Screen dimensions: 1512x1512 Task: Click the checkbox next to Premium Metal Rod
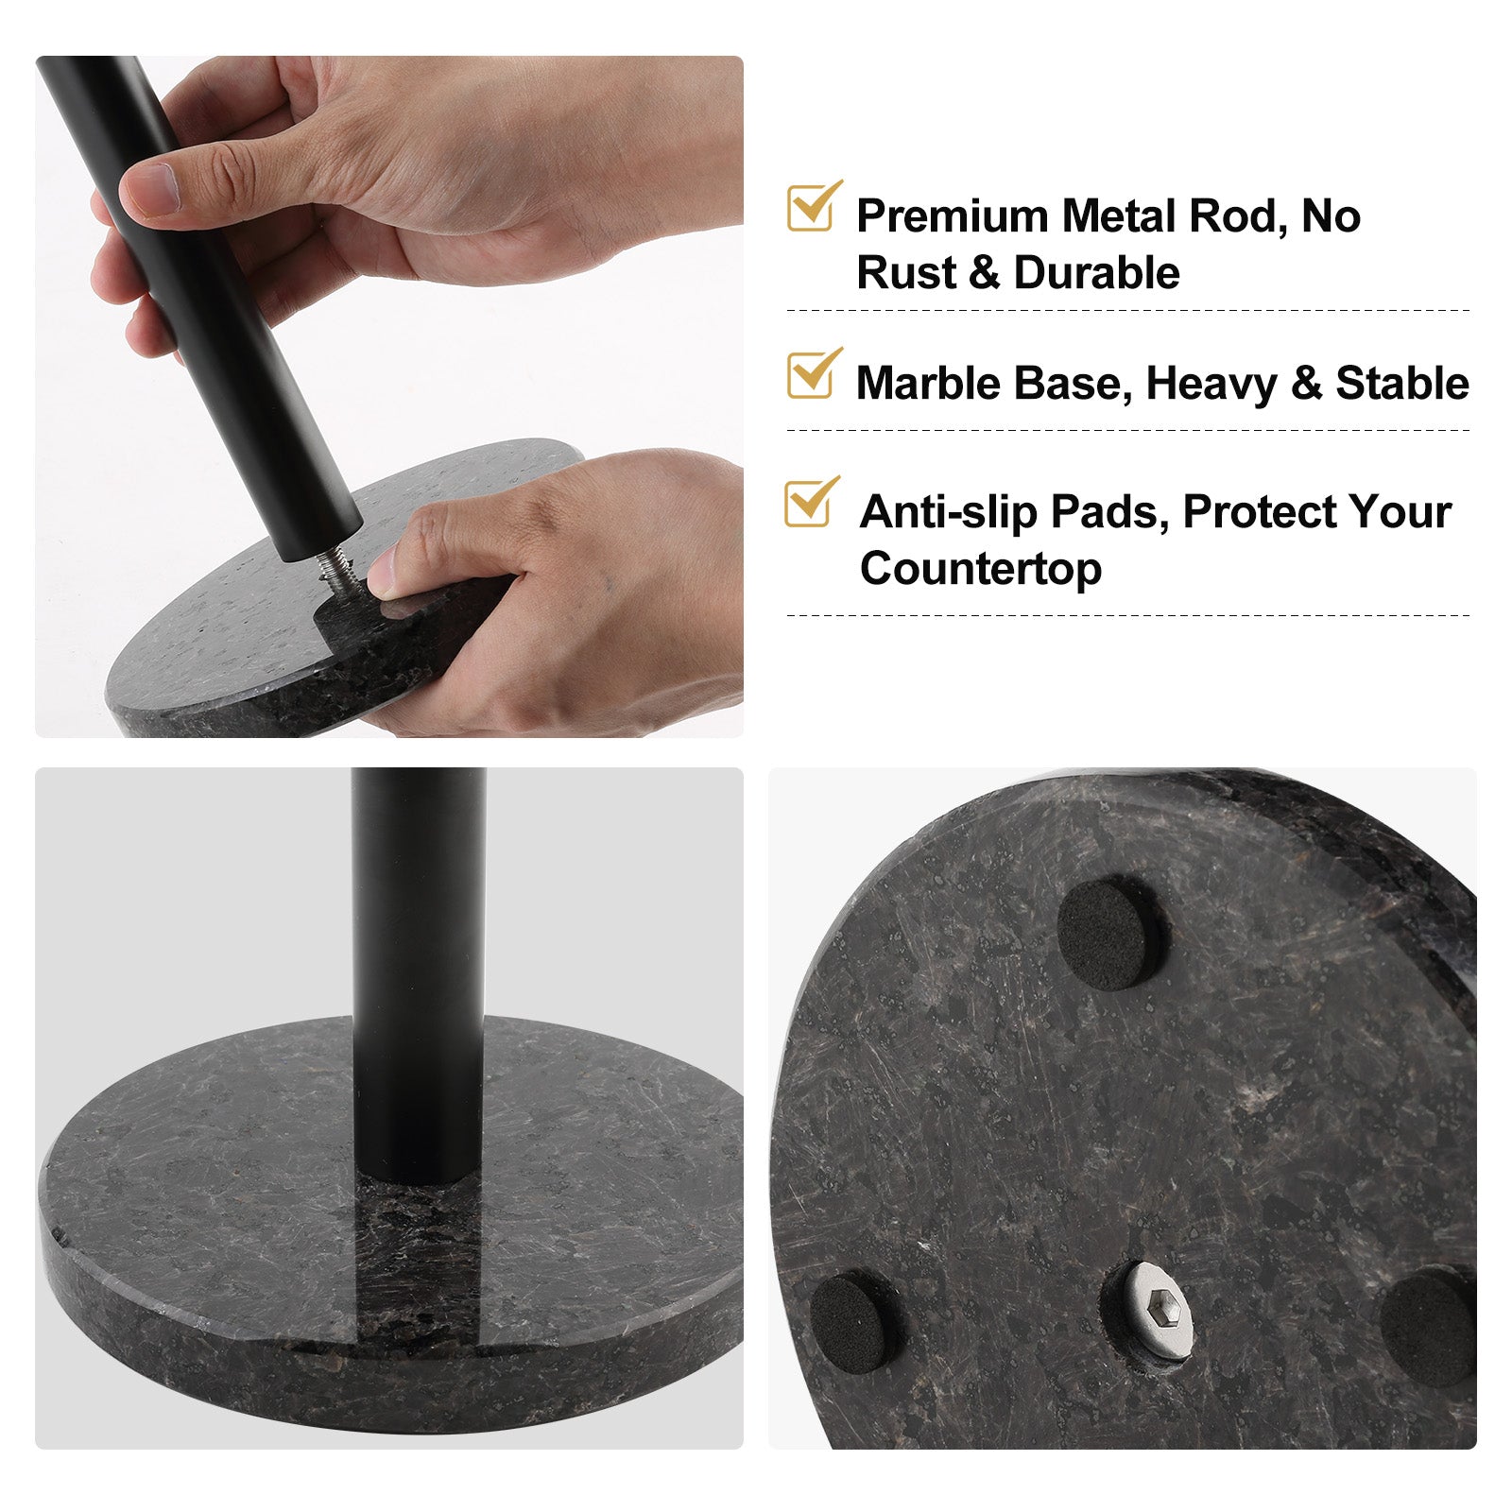[810, 209]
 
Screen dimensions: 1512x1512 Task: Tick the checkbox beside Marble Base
[810, 376]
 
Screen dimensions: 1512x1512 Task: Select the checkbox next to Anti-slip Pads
[808, 505]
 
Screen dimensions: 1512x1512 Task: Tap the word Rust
[906, 273]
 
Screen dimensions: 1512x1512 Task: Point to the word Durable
[1096, 273]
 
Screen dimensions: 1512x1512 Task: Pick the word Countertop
[980, 569]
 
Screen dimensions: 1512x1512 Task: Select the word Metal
[1118, 216]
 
